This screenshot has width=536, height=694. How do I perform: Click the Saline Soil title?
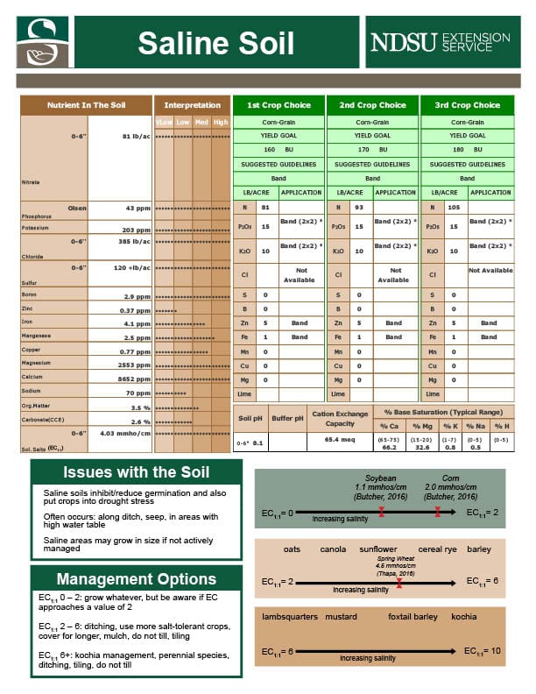215,42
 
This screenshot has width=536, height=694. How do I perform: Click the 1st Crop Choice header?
278,105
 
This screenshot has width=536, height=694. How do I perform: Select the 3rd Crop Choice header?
467,105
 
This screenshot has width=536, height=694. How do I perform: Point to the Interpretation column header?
192,105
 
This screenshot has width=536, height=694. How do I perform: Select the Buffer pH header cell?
287,418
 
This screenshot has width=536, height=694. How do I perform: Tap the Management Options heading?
136,579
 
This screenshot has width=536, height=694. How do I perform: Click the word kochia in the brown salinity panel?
463,616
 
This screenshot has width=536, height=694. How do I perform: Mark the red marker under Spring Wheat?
398,582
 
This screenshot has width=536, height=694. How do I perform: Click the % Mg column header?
421,425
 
